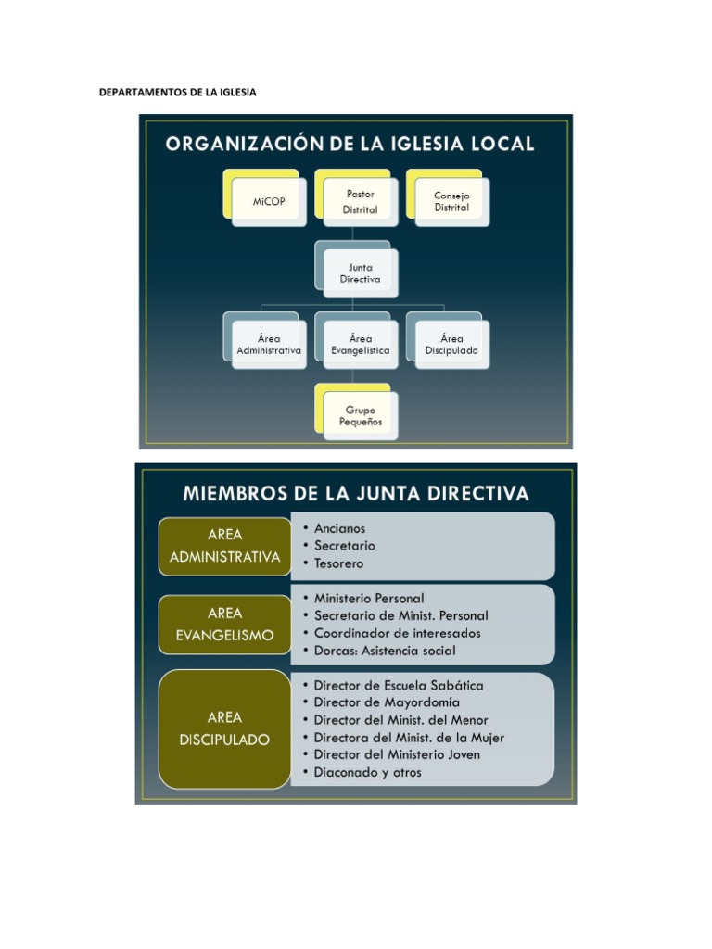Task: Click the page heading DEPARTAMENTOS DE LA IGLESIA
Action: pos(177,93)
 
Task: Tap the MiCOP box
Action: pos(269,201)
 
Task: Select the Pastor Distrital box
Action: pos(361,201)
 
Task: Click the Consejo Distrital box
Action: pos(451,201)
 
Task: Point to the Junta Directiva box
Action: pos(361,272)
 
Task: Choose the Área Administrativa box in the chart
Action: pos(269,345)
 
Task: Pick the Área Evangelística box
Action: pos(361,345)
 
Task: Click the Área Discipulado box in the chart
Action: pos(451,345)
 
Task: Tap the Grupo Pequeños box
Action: pos(361,415)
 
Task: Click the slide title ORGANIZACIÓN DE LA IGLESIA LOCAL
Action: pos(350,144)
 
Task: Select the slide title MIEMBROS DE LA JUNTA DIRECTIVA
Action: pos(356,493)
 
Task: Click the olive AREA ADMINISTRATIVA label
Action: pos(225,546)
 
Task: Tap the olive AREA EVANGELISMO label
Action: pos(225,624)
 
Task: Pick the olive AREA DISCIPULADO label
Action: pos(225,728)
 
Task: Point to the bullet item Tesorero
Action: pos(338,563)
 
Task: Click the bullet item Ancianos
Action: pos(339,528)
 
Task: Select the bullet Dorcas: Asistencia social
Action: pos(384,651)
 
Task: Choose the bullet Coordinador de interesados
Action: pos(397,633)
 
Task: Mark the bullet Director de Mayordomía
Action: pos(387,702)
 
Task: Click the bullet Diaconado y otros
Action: pos(367,772)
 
